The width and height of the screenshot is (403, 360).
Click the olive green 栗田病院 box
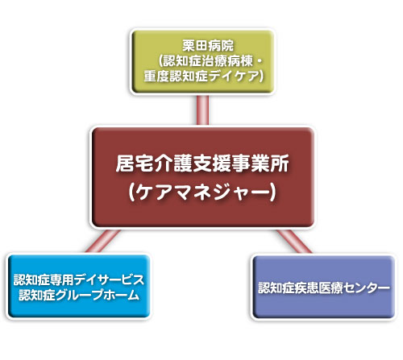pos(203,61)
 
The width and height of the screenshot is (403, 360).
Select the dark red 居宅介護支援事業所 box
pos(203,177)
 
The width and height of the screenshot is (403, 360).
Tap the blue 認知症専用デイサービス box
pos(79,286)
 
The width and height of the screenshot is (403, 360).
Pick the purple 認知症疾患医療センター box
pos(324,287)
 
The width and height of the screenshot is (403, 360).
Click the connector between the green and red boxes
pos(202,110)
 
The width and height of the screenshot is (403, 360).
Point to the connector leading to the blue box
pos(103,241)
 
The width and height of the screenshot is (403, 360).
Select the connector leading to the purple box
pos(294,241)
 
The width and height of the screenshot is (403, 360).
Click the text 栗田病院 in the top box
pos(208,46)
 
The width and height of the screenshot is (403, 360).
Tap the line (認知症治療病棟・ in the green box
pos(210,61)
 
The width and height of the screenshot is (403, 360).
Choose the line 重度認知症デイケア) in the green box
pos(204,77)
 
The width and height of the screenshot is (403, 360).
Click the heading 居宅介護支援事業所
pos(202,163)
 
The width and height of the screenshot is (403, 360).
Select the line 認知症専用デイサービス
pos(79,279)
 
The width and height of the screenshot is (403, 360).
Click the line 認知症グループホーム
pos(79,295)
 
